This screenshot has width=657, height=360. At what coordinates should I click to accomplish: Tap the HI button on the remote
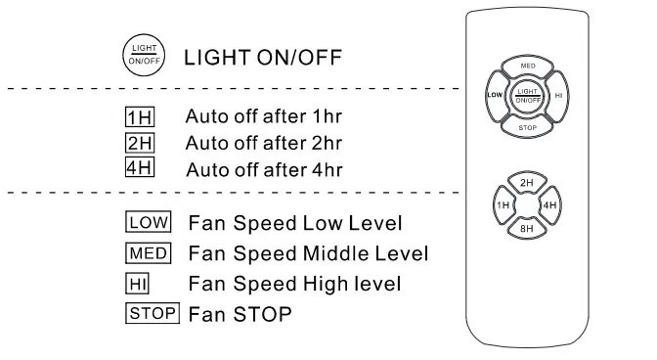558,97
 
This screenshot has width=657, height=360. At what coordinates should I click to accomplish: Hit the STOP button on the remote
527,126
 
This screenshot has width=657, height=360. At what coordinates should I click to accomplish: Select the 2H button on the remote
527,182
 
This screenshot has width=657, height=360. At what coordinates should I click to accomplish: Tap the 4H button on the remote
549,205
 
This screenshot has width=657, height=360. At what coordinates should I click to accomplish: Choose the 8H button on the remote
527,227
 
